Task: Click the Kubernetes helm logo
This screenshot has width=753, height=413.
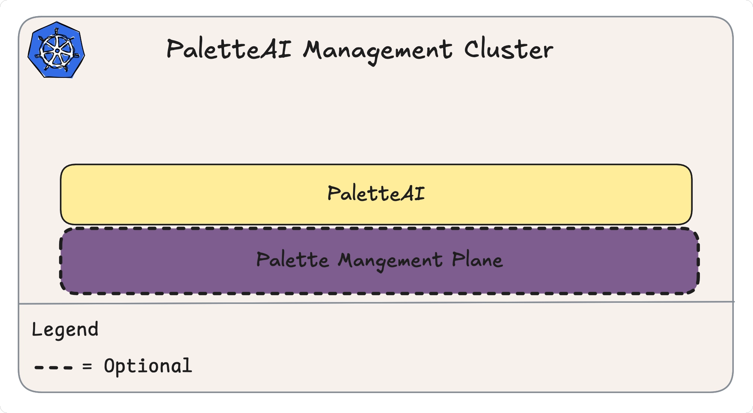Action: (x=56, y=50)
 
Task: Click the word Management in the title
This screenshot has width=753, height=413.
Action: (x=378, y=50)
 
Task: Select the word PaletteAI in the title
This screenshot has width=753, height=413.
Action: (x=229, y=49)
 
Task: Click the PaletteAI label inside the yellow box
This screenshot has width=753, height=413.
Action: (x=376, y=194)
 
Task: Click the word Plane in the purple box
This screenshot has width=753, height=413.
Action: (x=477, y=260)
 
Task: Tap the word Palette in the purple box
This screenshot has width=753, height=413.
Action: (x=293, y=260)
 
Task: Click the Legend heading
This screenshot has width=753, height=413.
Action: (x=65, y=329)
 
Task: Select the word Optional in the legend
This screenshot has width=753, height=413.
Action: (x=148, y=366)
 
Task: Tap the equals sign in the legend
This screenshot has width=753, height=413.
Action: (x=87, y=366)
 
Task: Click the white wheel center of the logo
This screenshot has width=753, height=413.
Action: (x=57, y=51)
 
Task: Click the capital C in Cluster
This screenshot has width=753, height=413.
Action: (x=471, y=49)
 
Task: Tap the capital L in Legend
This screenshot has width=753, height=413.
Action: (x=36, y=329)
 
